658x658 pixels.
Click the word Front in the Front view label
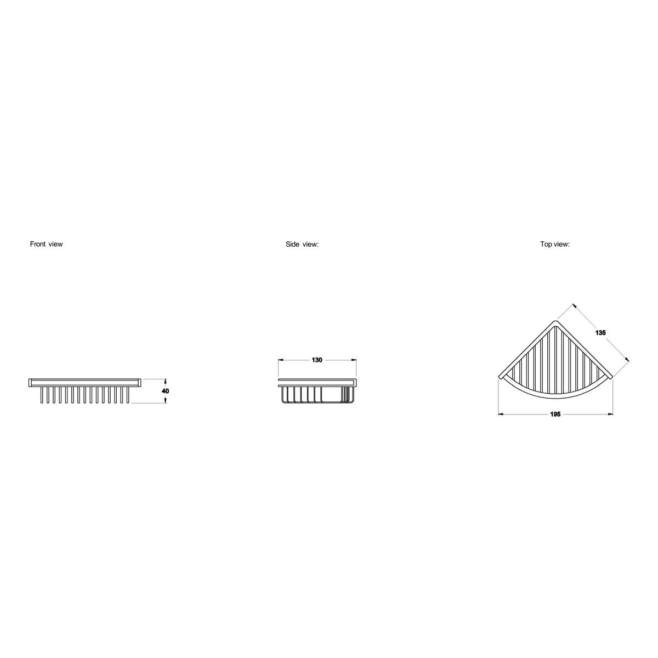tap(38, 244)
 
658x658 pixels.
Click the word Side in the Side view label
tap(292, 244)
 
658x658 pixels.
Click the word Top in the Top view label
tap(546, 244)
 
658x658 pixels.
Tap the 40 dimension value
tap(165, 391)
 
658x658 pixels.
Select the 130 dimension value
tap(317, 360)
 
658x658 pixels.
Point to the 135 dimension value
tap(600, 333)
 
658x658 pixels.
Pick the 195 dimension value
tap(555, 415)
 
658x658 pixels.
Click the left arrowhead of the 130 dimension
tap(281, 360)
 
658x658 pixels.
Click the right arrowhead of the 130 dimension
tap(354, 360)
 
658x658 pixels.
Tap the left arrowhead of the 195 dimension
tap(501, 415)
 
